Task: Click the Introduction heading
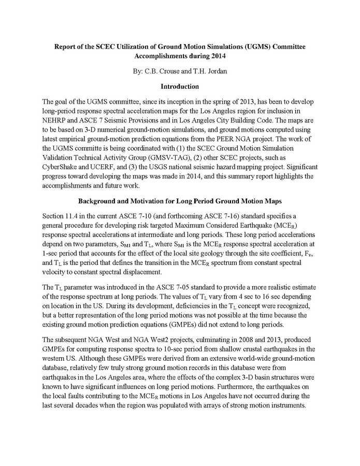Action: pos(180,86)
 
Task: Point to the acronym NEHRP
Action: pos(54,119)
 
